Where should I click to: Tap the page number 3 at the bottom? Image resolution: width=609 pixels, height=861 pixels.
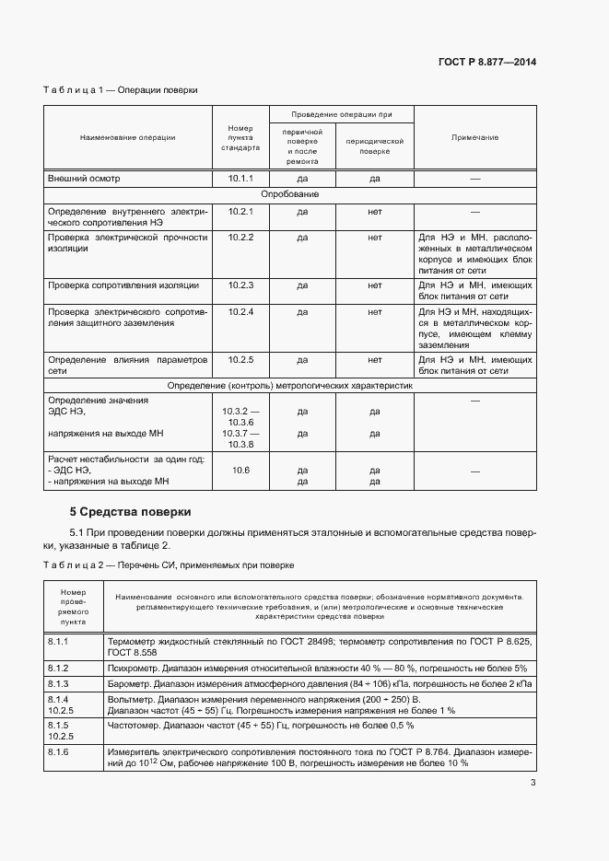coord(533,783)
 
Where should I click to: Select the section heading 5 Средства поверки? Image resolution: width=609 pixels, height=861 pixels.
coord(130,511)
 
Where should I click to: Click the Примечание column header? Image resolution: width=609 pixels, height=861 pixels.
coord(474,137)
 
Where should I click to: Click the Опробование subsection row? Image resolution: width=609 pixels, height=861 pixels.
coord(290,194)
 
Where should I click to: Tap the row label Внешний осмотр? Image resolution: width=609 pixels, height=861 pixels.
coord(84,178)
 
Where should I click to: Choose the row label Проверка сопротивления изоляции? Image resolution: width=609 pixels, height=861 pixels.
coord(123,285)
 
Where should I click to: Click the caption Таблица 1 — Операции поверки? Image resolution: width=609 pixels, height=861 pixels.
coord(120,90)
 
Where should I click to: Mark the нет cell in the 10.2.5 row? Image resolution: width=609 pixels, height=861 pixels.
coord(374,359)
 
